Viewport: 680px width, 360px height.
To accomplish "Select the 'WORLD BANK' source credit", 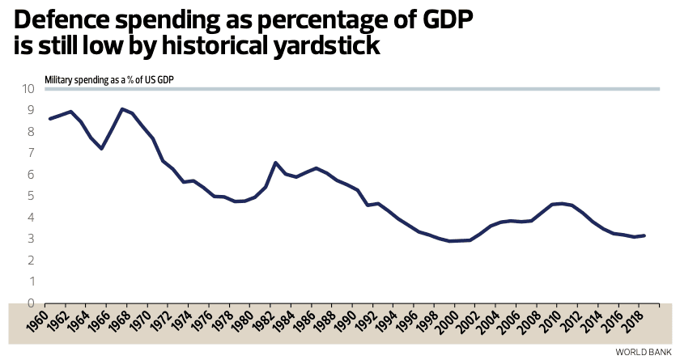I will click(644, 352).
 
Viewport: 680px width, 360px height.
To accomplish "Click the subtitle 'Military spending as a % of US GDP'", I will click(109, 79).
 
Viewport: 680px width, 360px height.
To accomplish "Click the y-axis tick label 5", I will click(31, 196).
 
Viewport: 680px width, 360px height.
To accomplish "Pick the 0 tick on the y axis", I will click(31, 303).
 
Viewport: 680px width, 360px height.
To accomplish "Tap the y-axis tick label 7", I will click(31, 153).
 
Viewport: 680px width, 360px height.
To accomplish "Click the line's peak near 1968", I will click(121, 109).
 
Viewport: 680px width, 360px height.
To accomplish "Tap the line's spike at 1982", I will click(276, 163).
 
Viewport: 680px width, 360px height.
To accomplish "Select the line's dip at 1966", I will click(101, 149).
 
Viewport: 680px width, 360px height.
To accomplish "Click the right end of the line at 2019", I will click(644, 235).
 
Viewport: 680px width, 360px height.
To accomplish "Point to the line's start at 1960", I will click(50, 119).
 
